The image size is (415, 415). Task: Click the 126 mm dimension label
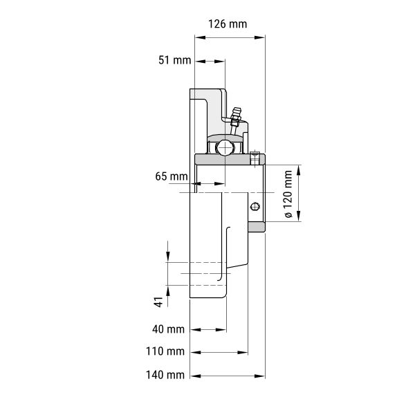[228, 24]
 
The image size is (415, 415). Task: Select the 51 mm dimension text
[175, 60]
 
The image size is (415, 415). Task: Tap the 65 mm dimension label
[172, 176]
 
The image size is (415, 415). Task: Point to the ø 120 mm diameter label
[288, 194]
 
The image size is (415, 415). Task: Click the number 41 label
[158, 302]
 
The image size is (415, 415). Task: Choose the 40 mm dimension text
[168, 329]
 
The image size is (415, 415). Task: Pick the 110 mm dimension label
[165, 351]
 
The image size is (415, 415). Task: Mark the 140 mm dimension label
[165, 375]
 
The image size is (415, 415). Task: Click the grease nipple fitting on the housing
[235, 120]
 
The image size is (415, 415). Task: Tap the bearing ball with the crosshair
[225, 148]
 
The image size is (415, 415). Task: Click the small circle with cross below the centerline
[255, 206]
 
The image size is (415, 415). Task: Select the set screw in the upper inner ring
[255, 158]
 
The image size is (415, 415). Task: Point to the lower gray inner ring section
[257, 227]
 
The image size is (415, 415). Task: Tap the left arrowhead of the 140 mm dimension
[195, 376]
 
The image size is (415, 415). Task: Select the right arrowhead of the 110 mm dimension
[243, 353]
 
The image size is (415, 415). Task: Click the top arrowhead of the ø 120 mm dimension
[299, 170]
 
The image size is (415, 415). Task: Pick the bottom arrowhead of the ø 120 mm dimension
[299, 216]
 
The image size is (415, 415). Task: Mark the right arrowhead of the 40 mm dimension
[221, 330]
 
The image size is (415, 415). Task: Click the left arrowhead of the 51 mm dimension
[201, 62]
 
